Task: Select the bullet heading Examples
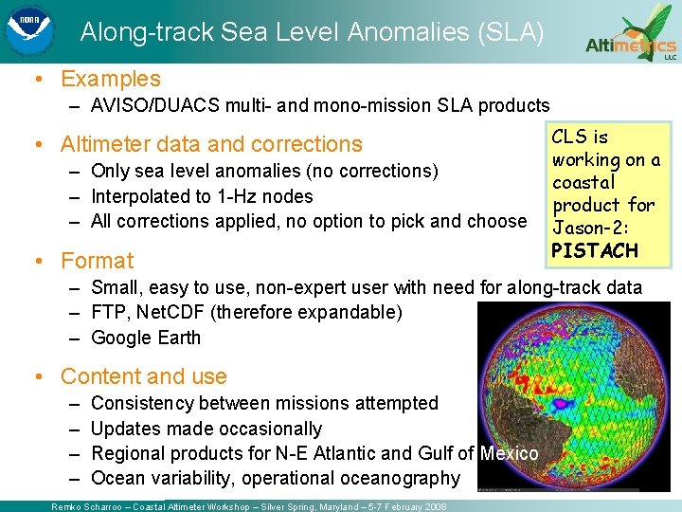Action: tap(111, 80)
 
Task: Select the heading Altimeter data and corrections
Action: tap(211, 144)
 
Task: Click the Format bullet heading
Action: tap(97, 260)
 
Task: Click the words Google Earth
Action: tap(146, 338)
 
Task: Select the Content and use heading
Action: tap(144, 376)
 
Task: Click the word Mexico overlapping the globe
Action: tap(509, 454)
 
